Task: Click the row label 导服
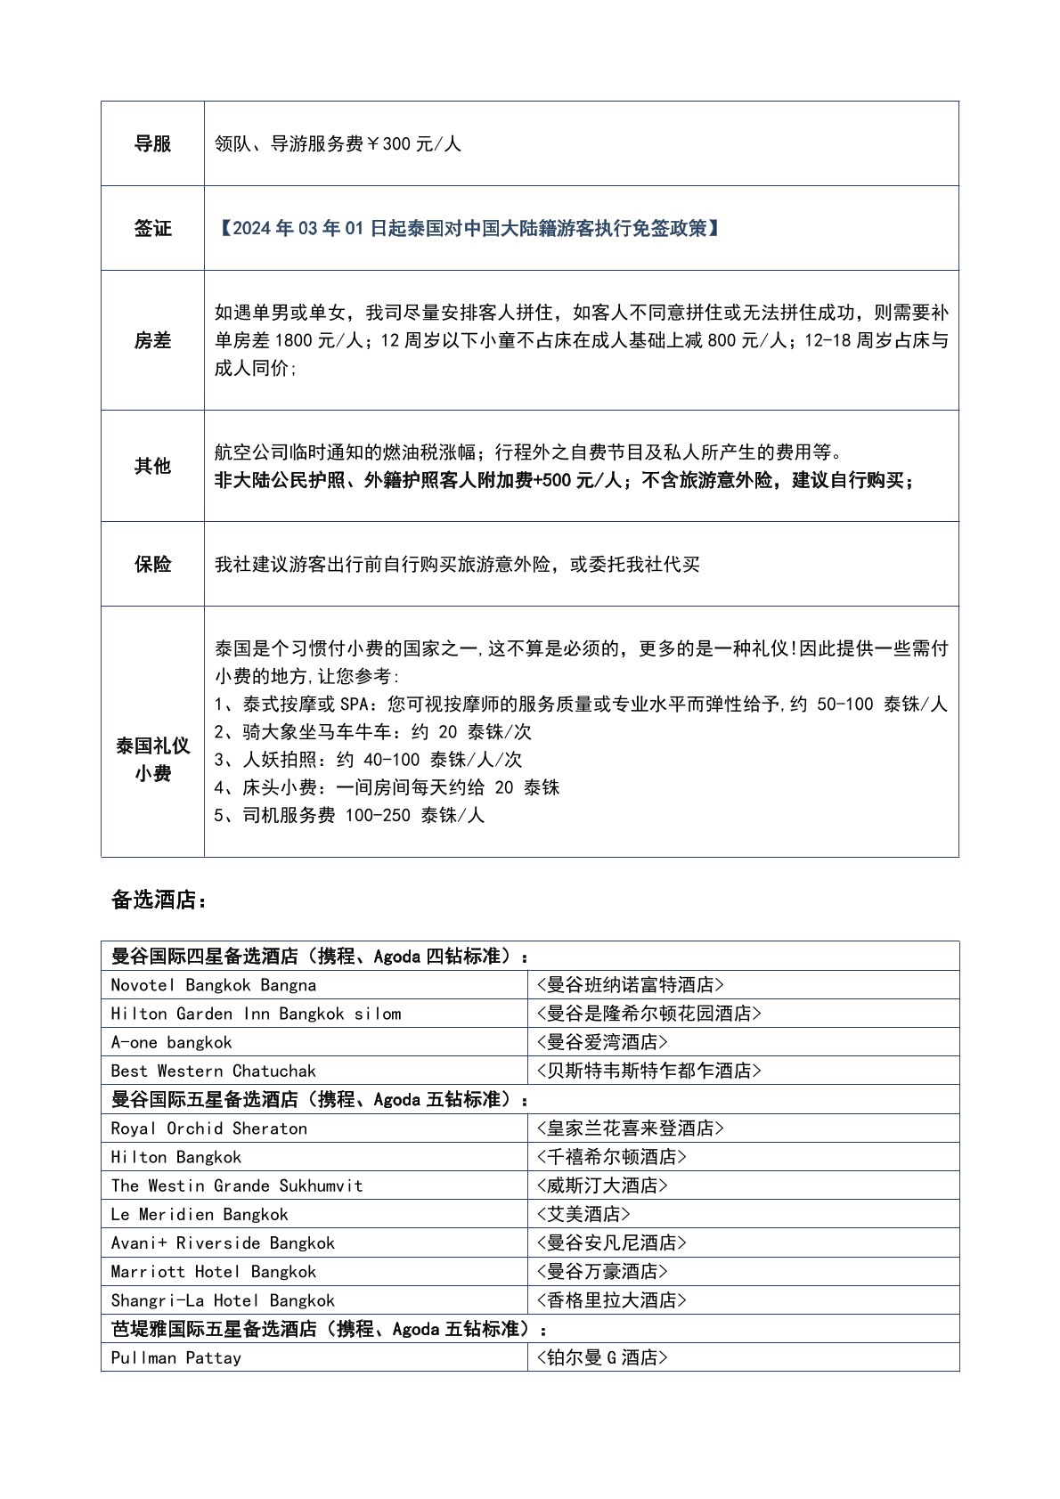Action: pos(152,143)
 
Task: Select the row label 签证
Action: pos(152,228)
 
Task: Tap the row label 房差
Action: pos(152,340)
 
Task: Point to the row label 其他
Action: pos(152,466)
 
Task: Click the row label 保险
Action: pos(152,564)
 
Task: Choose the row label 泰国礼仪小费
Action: pos(152,759)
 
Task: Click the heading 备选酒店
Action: pos(159,900)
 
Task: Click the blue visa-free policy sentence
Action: pos(469,228)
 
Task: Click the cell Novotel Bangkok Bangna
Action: pos(214,985)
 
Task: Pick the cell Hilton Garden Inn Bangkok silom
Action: pos(256,1014)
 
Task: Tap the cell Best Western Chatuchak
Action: pos(213,1071)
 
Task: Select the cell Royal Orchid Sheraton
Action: pos(208,1128)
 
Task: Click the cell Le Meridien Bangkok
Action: pos(200,1214)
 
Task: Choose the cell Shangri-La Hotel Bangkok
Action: pos(223,1300)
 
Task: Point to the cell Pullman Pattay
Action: pos(175,1357)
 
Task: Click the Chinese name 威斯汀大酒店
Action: pos(602,1185)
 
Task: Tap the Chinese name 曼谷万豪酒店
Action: pos(602,1271)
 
